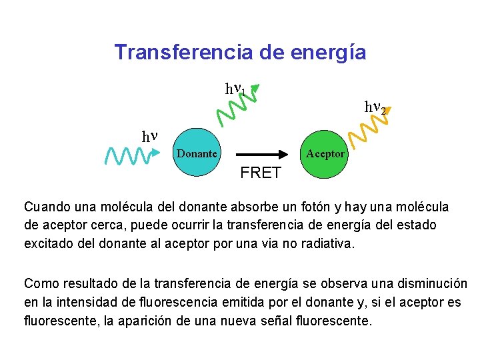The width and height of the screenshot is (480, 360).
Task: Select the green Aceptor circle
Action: click(325, 153)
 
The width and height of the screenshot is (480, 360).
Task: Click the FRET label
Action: click(261, 173)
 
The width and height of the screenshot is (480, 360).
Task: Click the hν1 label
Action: click(236, 89)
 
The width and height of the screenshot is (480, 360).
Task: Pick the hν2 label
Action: click(375, 106)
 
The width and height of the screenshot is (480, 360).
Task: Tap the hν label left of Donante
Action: click(150, 136)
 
